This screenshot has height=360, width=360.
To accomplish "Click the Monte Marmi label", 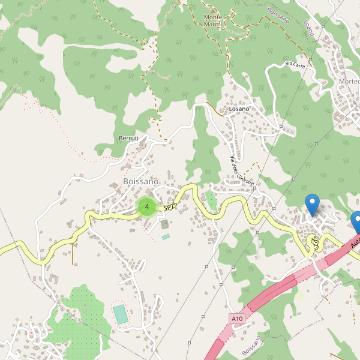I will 212,20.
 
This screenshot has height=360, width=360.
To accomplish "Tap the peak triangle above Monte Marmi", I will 212,10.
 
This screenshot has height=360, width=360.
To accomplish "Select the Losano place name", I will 238,109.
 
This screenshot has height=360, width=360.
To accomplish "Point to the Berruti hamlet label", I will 129,139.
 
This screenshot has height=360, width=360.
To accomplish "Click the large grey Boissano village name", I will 140,181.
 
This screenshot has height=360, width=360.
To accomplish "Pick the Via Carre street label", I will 295,64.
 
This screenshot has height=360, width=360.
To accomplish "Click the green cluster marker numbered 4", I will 146,207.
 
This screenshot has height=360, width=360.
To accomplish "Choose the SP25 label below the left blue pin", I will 313,243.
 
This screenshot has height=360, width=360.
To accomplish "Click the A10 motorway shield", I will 237,318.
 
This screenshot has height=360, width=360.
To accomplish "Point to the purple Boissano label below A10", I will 252,345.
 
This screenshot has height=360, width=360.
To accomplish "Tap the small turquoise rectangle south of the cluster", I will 166,237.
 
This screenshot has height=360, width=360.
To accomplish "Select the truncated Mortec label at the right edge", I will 349,82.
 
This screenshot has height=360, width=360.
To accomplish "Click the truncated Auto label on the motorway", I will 355,242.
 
